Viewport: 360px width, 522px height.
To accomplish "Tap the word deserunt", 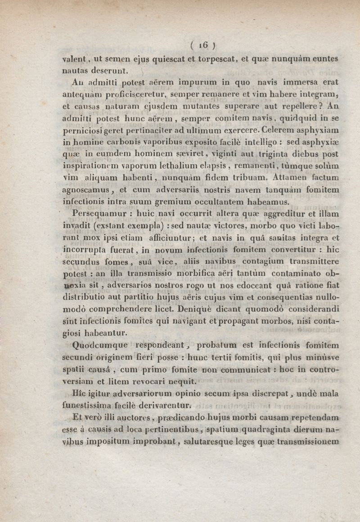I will (x=111, y=70).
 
